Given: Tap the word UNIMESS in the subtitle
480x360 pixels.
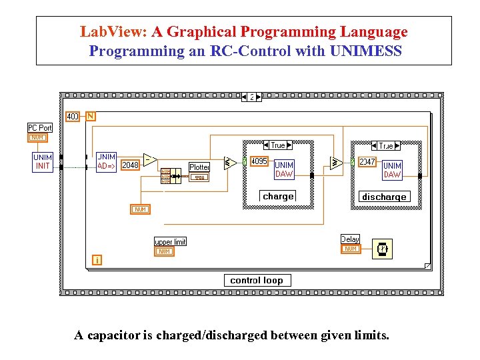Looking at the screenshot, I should [366, 51].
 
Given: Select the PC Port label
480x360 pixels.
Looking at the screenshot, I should [39, 127].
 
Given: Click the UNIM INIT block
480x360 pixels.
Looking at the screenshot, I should [43, 161].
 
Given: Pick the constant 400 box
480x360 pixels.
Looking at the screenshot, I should [73, 117].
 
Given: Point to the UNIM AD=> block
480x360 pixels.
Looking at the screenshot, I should [107, 161].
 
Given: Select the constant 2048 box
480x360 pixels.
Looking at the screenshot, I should [131, 165].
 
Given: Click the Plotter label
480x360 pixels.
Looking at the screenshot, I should [199, 167].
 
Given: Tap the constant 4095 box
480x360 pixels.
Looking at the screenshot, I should [259, 161].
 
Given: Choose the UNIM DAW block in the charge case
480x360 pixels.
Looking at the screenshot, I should [284, 169].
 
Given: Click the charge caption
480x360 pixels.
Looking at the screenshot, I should [278, 196].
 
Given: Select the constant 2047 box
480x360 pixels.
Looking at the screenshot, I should [367, 162].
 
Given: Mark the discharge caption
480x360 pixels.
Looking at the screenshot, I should [384, 197].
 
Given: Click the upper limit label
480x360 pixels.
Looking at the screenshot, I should [170, 241].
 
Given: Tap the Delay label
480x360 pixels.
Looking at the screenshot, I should [350, 239].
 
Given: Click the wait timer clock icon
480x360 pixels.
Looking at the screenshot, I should [383, 249].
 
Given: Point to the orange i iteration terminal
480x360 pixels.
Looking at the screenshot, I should [97, 260].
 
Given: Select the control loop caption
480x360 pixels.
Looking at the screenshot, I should [257, 281].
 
